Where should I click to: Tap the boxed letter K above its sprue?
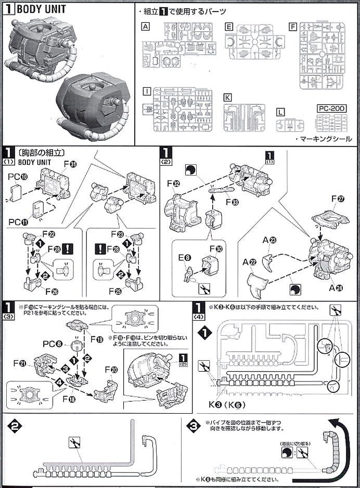[x=227, y=97]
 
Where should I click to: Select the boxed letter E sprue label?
[x=229, y=26]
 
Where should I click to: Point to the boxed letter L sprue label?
[x=281, y=112]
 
